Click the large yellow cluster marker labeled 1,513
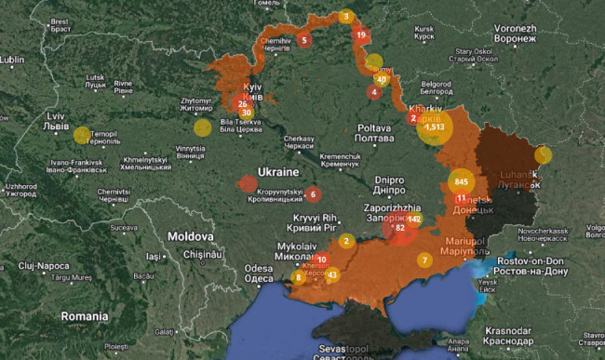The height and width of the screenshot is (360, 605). (x=434, y=127)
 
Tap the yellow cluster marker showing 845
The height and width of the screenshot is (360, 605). (x=463, y=180)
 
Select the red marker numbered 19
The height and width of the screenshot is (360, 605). (x=361, y=35)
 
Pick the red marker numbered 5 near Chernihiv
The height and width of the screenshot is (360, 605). (x=303, y=40)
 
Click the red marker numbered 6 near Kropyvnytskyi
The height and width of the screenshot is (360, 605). (x=314, y=194)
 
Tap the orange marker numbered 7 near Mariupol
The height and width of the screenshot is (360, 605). (x=425, y=260)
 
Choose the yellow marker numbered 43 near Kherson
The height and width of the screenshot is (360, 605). (x=332, y=274)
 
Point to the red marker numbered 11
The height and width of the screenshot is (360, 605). (x=461, y=198)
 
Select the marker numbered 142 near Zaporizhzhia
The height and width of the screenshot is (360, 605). (x=414, y=219)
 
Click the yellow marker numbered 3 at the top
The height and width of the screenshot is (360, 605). (x=346, y=16)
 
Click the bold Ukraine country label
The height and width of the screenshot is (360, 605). (x=278, y=173)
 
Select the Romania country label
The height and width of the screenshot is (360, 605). (x=85, y=316)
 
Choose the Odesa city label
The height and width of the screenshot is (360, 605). (x=259, y=273)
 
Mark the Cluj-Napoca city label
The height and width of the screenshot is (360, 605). (x=47, y=270)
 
